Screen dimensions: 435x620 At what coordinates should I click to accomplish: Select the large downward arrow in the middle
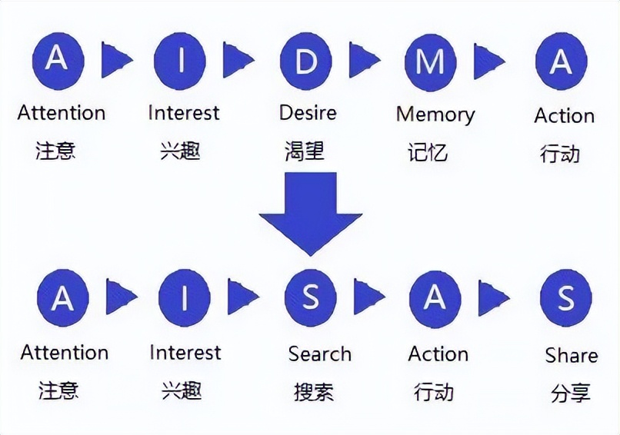tap(310, 212)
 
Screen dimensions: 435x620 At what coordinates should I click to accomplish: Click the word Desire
tap(308, 112)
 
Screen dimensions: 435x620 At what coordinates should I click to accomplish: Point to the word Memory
tap(435, 115)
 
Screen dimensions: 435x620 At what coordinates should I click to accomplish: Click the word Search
tap(319, 354)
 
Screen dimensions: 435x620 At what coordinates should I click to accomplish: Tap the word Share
tap(571, 355)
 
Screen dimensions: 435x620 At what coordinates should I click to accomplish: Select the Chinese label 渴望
tap(305, 151)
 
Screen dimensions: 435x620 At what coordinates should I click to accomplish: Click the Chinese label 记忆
tap(427, 151)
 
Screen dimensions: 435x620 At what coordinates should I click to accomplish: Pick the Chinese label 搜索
tap(314, 391)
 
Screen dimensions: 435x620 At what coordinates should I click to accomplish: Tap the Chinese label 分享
tap(570, 393)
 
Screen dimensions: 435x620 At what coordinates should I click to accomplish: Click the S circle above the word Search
tap(310, 297)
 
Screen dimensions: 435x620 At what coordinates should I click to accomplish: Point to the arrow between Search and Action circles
tap(368, 297)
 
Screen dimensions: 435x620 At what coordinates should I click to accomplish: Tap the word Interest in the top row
tap(183, 112)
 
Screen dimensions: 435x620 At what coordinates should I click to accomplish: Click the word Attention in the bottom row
tap(65, 353)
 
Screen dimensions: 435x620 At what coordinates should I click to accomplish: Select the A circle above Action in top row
tap(561, 62)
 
